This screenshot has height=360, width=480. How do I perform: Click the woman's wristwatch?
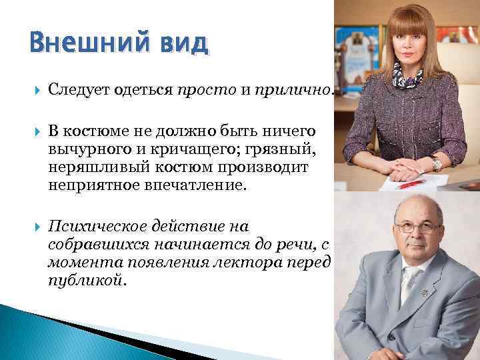tap(437, 163)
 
